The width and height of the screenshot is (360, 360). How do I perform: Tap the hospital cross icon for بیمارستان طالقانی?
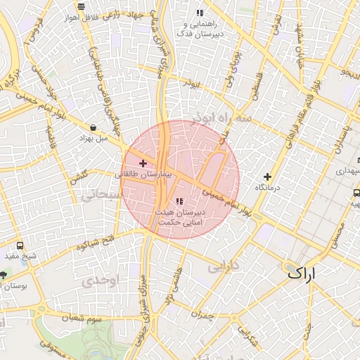(x=143, y=163)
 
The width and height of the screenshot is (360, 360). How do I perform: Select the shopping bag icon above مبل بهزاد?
(x=94, y=127)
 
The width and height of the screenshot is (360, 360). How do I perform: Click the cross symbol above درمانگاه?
(x=267, y=176)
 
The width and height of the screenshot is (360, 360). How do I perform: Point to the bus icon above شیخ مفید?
(x=20, y=245)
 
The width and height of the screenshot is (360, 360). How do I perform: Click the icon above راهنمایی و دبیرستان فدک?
(x=200, y=12)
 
